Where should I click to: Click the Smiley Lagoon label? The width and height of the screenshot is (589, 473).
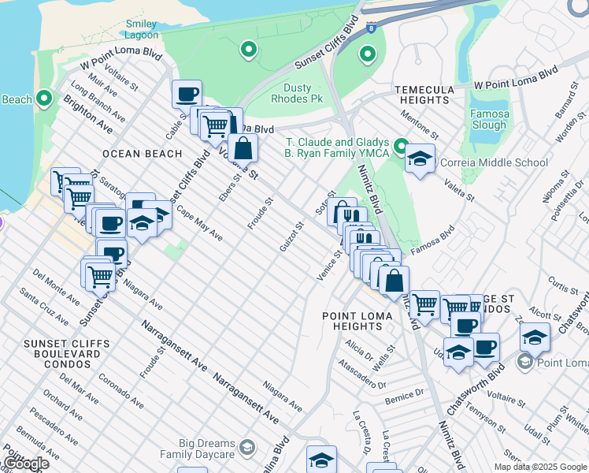142,29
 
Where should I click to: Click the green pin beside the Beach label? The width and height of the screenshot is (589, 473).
44,99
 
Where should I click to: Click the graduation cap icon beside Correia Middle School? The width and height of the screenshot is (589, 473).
420,159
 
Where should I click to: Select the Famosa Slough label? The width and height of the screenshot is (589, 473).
490,120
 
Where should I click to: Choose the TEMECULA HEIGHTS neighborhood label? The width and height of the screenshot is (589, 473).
424,95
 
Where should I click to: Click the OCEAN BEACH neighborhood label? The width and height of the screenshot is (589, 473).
143,154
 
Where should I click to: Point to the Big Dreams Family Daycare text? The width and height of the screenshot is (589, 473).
198,449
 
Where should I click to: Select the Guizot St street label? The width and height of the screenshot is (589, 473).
291,236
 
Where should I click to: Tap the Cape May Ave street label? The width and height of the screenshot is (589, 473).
199,224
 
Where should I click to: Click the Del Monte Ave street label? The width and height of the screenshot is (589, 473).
57,288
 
